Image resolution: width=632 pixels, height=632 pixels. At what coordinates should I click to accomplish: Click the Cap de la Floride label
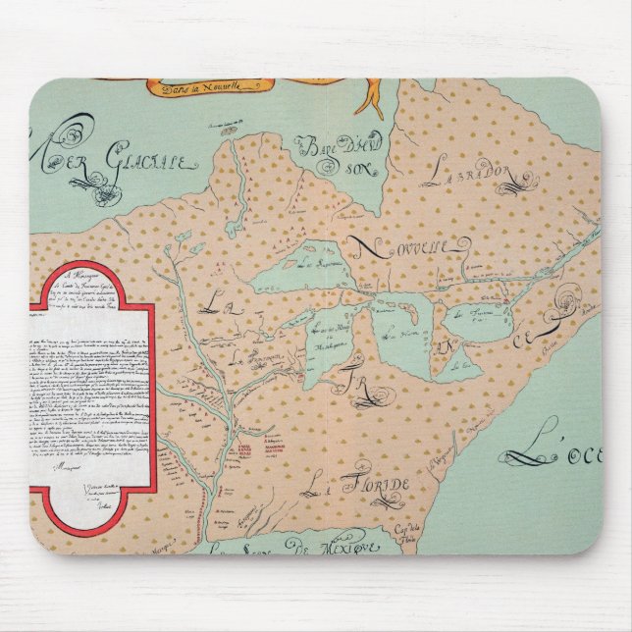448,534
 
